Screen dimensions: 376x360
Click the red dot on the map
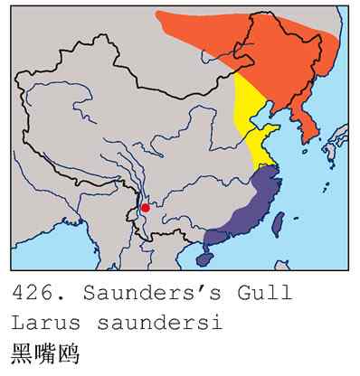click(146, 208)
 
